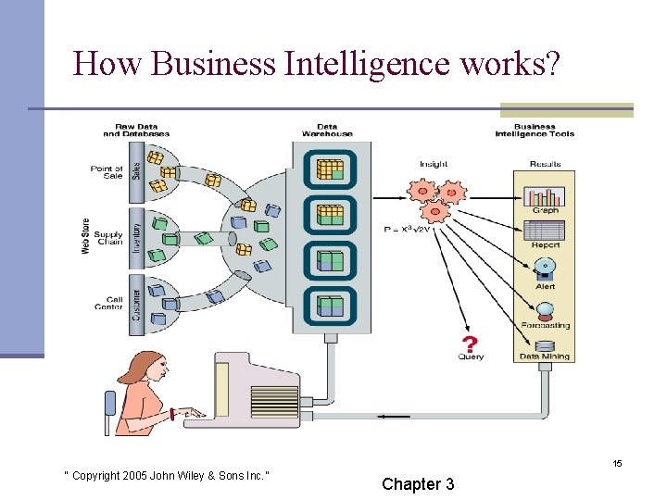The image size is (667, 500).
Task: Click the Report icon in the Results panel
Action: (x=545, y=231)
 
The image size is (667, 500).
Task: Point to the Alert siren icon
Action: (x=545, y=269)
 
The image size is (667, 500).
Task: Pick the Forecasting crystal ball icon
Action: (x=545, y=308)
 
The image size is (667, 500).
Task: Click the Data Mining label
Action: (x=545, y=356)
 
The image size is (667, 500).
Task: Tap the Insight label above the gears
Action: (x=434, y=165)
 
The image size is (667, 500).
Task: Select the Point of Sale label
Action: (x=107, y=171)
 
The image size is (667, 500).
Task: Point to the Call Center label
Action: (x=108, y=303)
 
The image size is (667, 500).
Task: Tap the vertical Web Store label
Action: (x=85, y=236)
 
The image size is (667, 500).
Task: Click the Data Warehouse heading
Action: (x=327, y=130)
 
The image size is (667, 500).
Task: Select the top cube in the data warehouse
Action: (x=331, y=169)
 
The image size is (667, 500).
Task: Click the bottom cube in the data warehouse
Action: (x=331, y=305)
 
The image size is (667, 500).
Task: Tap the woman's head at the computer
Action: (x=148, y=369)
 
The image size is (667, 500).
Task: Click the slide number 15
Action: (x=616, y=463)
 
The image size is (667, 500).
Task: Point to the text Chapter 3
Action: (x=418, y=483)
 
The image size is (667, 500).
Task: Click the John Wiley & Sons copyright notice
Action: (x=166, y=476)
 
